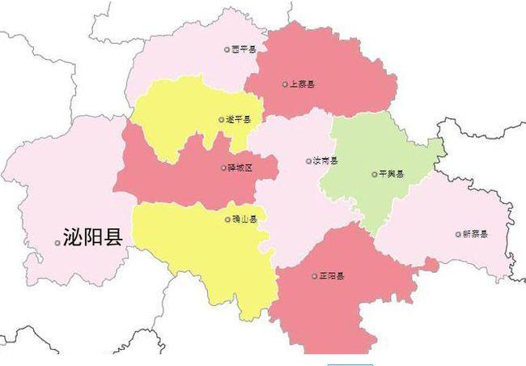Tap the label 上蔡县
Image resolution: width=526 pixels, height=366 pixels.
point(303,83)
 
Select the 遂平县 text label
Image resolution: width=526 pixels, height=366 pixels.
point(239,120)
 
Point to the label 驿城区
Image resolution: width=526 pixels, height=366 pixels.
point(241,168)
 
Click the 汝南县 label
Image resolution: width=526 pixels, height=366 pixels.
point(326,160)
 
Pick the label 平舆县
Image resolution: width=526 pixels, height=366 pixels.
point(392,174)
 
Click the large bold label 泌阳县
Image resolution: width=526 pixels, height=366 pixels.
point(93,238)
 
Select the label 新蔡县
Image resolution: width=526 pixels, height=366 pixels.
point(475,234)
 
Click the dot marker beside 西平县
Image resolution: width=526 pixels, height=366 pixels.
point(227,49)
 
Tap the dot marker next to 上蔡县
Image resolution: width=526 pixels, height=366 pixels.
point(285,83)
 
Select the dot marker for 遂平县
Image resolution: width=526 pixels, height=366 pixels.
point(220,120)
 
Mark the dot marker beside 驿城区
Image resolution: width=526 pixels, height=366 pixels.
point(223,168)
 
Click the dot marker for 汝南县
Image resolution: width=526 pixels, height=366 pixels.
point(308,160)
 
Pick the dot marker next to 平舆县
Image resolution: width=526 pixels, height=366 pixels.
point(374,174)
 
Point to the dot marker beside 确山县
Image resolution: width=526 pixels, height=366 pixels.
point(227,219)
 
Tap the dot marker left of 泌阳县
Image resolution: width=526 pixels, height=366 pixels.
point(57,242)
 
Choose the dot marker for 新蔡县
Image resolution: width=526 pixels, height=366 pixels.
point(457,234)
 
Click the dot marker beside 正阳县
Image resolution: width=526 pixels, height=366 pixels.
point(312,276)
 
